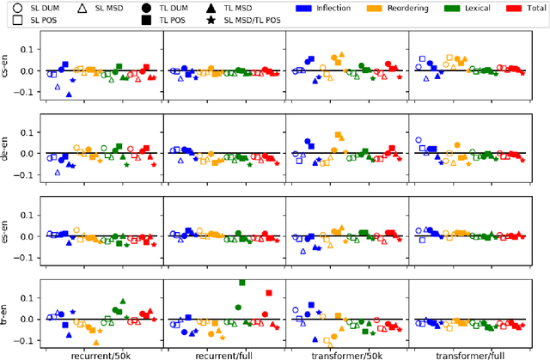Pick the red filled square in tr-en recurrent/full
[269, 293]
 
